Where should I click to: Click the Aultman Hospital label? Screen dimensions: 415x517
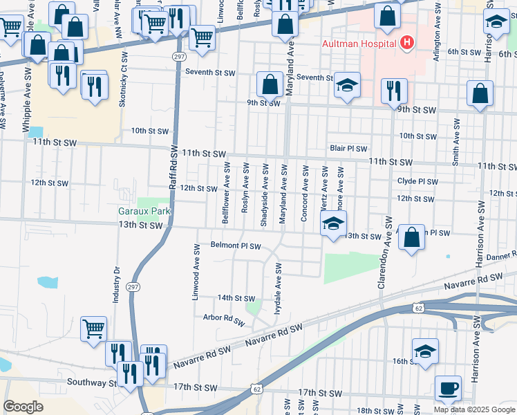point(359,44)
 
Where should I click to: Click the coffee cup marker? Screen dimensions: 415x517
point(448,389)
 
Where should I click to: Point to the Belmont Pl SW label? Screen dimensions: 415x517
point(236,246)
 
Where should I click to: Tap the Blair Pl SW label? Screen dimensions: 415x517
point(348,148)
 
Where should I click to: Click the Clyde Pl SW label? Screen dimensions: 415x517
point(417,181)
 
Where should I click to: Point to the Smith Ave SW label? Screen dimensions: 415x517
point(455,142)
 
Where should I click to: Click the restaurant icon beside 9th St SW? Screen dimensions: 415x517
point(394,90)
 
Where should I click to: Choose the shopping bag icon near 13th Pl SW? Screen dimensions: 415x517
point(411,237)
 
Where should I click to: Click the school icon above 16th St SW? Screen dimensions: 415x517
point(425,351)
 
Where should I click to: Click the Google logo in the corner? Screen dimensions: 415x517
point(23,407)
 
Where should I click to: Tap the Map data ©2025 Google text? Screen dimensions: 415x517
point(475,409)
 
